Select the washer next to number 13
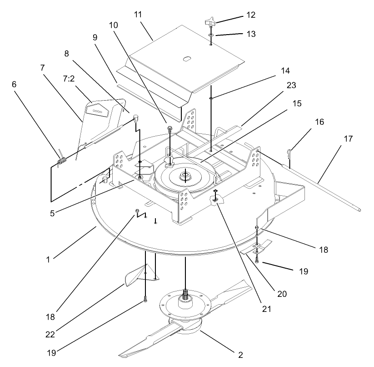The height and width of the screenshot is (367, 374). click(212, 35)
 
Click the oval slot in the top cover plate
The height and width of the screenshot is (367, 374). click(187, 58)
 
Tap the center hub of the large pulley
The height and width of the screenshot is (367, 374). click(185, 175)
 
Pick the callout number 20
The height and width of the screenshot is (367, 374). click(282, 294)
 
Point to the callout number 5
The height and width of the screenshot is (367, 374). click(52, 212)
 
